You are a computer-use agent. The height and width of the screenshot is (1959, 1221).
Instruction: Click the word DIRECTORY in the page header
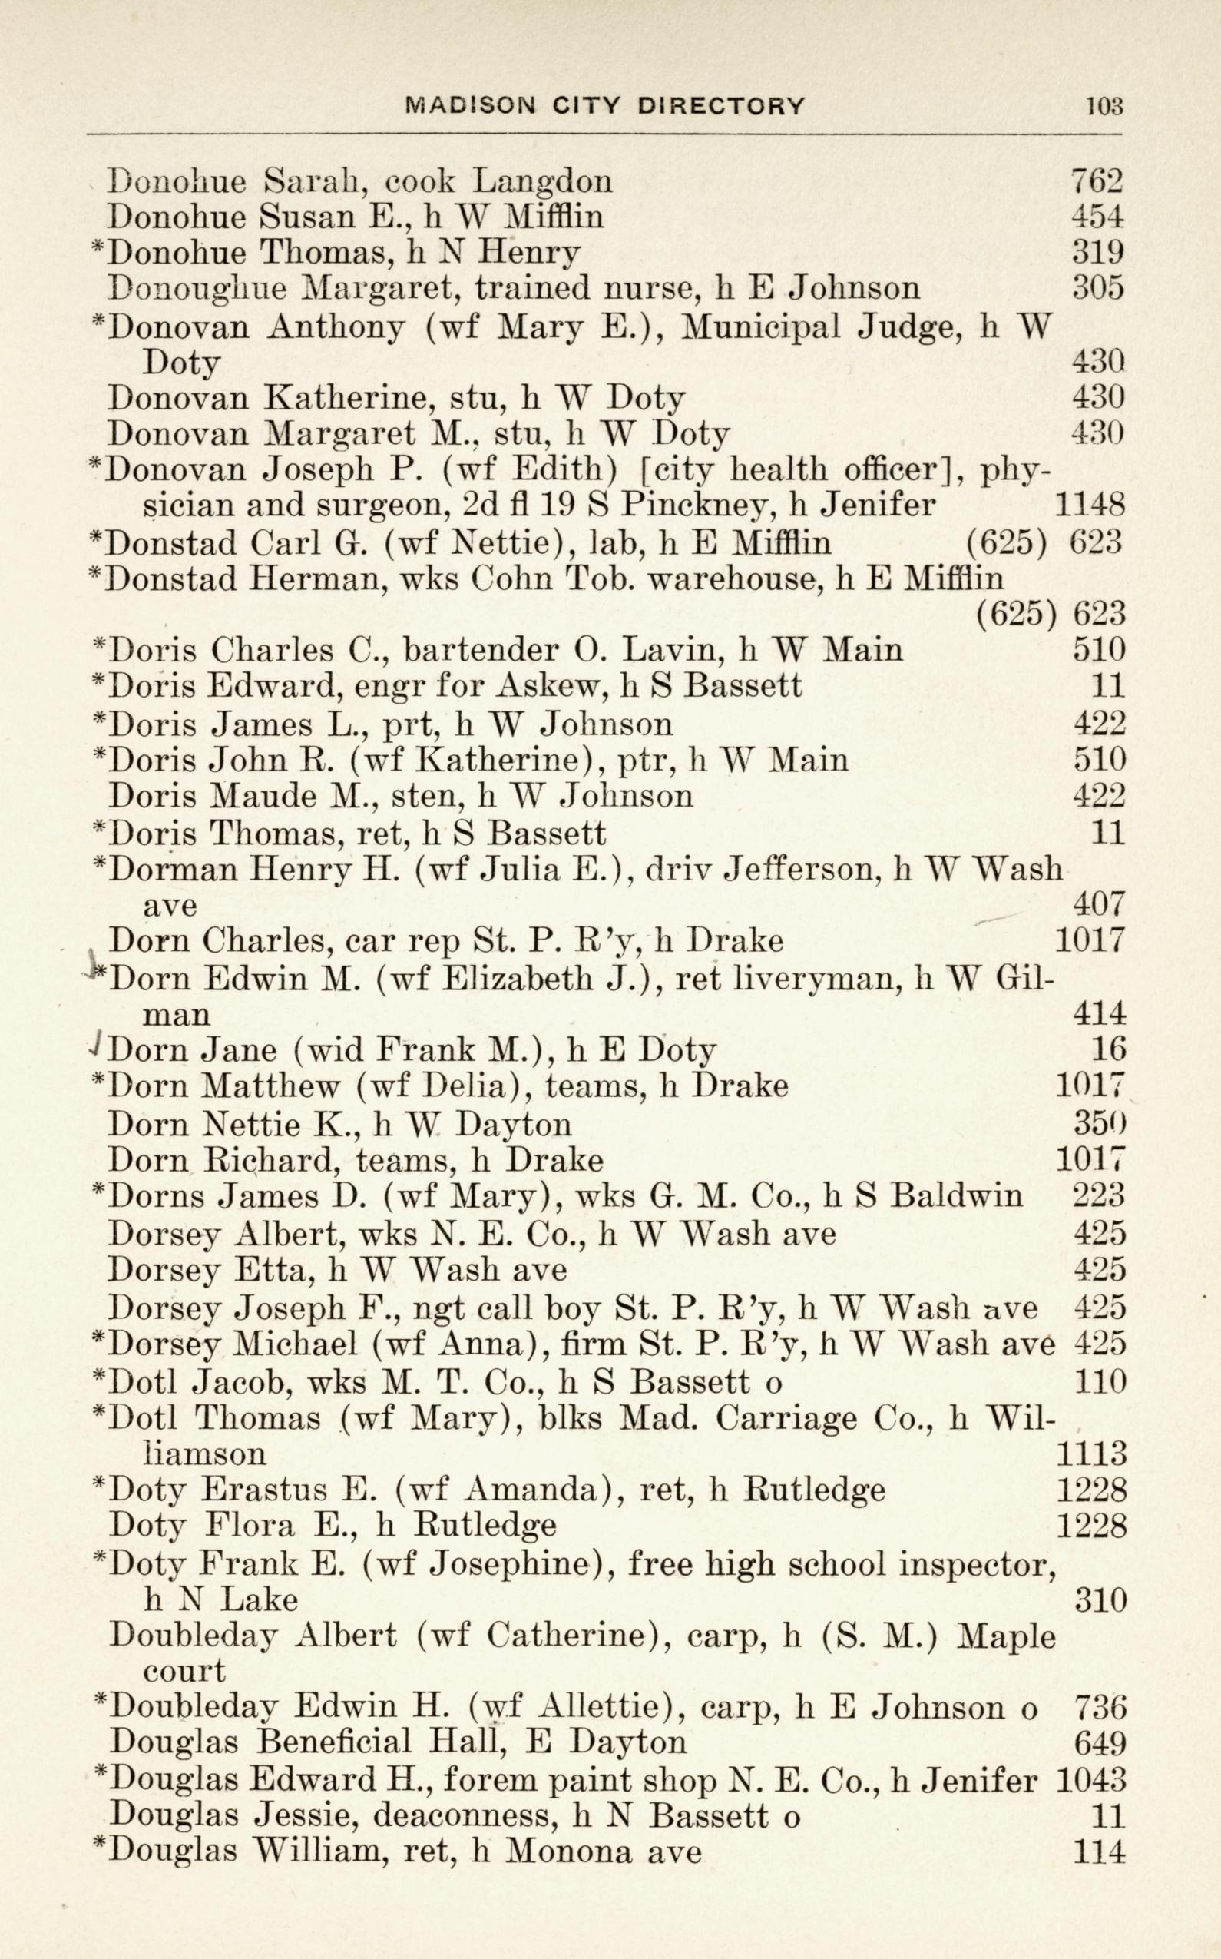[x=720, y=105]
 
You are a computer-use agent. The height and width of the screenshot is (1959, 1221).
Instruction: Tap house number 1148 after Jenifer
[x=1090, y=505]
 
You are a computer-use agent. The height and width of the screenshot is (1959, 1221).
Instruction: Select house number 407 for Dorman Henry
[x=1099, y=903]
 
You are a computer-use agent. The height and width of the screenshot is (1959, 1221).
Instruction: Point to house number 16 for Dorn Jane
[x=1108, y=1049]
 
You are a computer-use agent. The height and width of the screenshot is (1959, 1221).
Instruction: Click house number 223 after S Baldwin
[x=1099, y=1195]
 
